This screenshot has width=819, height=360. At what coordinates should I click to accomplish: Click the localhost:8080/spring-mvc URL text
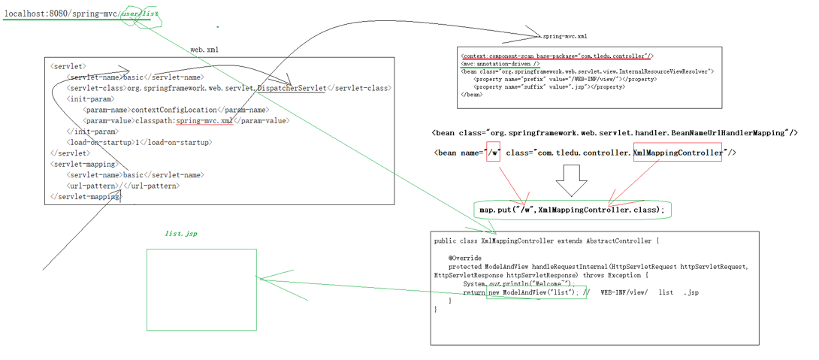(x=60, y=14)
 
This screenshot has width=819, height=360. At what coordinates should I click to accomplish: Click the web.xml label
(x=204, y=50)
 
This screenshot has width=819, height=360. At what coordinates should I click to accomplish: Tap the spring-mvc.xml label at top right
(x=565, y=36)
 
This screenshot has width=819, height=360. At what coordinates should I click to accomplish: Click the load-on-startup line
(x=139, y=142)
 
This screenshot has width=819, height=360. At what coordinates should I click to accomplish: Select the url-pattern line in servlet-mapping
(x=123, y=186)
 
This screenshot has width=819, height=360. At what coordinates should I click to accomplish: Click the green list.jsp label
(x=181, y=234)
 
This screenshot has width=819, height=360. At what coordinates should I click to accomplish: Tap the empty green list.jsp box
(x=201, y=289)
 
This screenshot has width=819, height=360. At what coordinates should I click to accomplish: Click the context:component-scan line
(x=557, y=56)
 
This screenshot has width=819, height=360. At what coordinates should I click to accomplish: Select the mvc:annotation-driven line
(x=500, y=65)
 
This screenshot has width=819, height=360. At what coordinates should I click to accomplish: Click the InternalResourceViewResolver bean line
(x=587, y=72)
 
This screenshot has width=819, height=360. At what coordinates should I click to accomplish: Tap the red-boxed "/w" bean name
(x=493, y=153)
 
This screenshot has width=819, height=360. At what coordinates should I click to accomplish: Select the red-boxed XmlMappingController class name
(x=677, y=153)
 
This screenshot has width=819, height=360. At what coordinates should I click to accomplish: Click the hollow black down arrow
(x=571, y=180)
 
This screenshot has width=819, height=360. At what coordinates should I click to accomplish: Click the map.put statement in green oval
(x=572, y=210)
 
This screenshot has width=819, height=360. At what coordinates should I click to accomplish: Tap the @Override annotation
(x=466, y=258)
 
